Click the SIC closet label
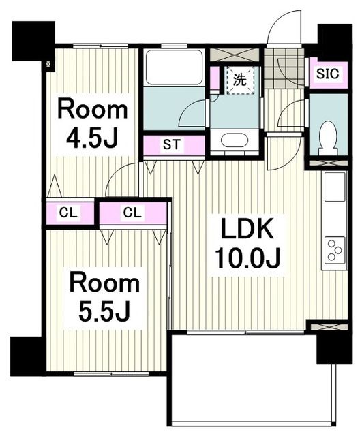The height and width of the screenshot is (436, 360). tap(327, 74)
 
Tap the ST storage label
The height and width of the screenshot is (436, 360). tap(171, 144)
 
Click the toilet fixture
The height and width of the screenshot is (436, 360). tap(329, 138)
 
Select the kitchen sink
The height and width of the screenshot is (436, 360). tap(335, 187)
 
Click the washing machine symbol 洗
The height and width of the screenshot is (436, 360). tap(240, 80)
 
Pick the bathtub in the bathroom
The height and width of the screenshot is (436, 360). tap(174, 67)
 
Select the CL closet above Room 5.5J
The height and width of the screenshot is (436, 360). tap(133, 213)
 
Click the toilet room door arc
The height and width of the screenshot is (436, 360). tap(286, 110)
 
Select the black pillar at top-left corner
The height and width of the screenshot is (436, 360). tap(33, 41)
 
